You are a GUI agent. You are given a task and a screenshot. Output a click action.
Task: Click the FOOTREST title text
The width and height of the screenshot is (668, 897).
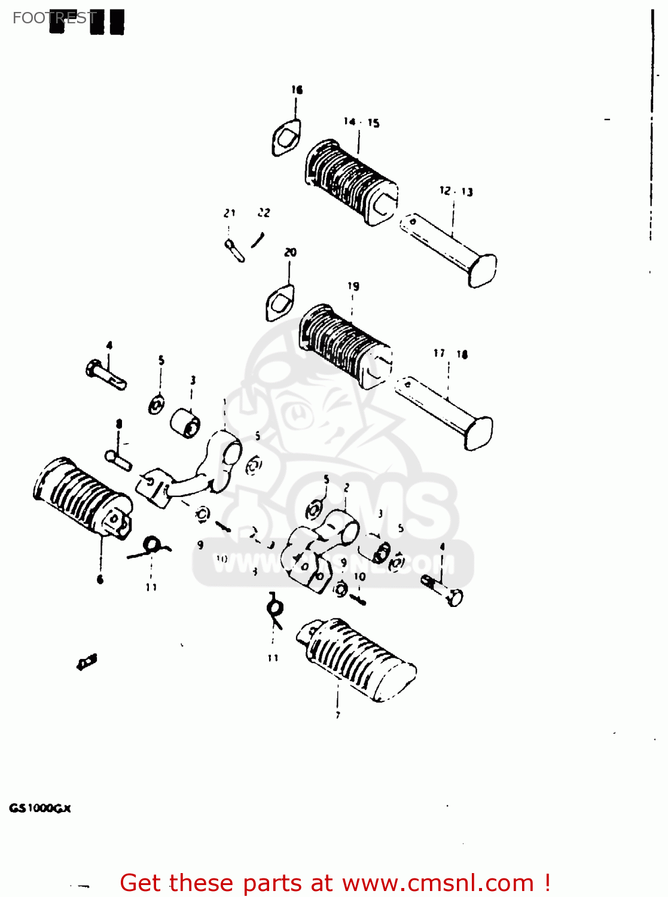[54, 18]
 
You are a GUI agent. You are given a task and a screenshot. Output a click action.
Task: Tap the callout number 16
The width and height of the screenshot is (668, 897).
[297, 90]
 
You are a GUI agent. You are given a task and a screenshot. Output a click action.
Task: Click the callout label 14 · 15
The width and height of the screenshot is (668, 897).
[361, 123]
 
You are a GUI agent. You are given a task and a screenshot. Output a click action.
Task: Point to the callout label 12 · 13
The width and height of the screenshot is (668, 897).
[456, 191]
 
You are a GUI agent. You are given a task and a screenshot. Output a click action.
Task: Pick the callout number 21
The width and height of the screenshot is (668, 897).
[230, 213]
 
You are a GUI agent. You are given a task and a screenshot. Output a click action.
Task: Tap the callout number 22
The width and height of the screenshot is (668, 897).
[264, 212]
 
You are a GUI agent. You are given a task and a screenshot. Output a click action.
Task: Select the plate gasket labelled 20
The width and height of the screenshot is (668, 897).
[280, 303]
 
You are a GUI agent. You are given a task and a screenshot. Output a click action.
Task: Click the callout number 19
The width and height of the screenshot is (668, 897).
[353, 286]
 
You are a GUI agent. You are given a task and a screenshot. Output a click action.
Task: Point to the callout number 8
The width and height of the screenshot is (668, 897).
[119, 424]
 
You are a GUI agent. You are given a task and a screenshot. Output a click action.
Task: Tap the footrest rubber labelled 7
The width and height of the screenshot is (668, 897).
[356, 658]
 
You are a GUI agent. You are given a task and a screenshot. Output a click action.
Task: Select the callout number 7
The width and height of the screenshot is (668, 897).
[338, 715]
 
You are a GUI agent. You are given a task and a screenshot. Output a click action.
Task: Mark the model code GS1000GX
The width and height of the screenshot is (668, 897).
[39, 808]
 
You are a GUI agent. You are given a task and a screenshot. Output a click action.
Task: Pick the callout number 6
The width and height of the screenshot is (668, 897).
[100, 579]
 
